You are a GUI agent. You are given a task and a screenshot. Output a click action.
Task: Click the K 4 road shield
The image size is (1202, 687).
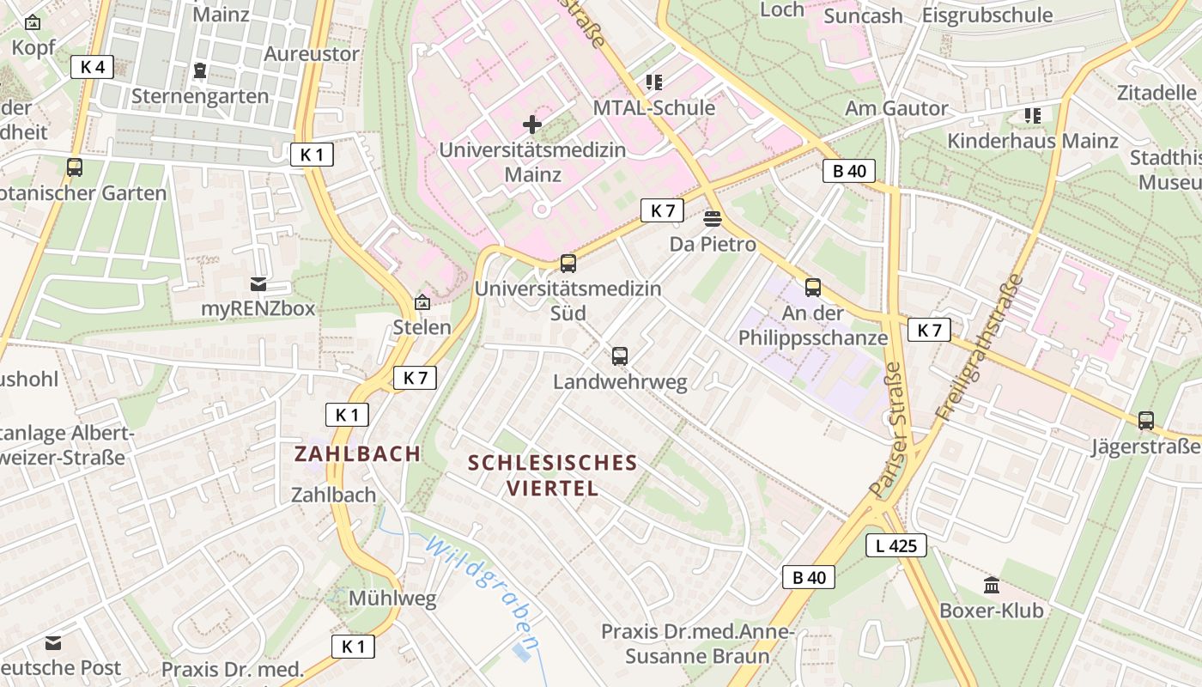tap(92, 67)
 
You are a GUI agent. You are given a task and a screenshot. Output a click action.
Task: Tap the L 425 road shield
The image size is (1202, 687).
tap(895, 545)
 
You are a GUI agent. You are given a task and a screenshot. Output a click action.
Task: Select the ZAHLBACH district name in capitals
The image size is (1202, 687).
tap(358, 453)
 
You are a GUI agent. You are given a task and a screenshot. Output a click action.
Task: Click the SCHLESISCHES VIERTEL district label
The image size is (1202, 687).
tap(552, 475)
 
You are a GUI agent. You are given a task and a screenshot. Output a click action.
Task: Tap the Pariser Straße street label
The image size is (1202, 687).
tap(887, 429)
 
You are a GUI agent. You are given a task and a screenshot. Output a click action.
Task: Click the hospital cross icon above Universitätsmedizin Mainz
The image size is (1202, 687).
tap(532, 125)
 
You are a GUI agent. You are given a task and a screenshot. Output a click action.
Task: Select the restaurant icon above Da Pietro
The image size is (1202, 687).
tap(712, 219)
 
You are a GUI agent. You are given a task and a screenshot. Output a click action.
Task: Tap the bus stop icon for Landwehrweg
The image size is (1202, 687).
tap(620, 356)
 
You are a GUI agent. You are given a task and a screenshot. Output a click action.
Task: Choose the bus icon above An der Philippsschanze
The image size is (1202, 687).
tap(813, 288)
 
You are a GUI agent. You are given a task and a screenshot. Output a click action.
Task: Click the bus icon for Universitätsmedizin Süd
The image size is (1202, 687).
tap(568, 264)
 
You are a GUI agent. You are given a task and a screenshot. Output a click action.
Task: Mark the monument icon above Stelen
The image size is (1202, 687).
tap(422, 301)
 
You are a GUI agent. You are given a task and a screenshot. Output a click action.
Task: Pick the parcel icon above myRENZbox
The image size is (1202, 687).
tap(258, 283)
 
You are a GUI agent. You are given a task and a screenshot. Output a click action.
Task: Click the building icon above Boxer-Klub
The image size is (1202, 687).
tap(992, 586)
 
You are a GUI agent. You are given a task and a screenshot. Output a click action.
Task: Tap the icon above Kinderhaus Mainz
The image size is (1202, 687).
tap(1032, 115)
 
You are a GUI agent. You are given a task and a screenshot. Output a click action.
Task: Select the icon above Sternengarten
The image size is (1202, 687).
tap(200, 70)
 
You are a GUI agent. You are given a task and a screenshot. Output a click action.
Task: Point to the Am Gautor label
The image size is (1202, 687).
tap(896, 108)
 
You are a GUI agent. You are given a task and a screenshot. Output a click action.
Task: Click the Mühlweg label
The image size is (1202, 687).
tap(392, 599)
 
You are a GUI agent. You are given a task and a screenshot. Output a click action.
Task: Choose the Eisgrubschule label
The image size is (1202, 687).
tap(986, 15)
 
